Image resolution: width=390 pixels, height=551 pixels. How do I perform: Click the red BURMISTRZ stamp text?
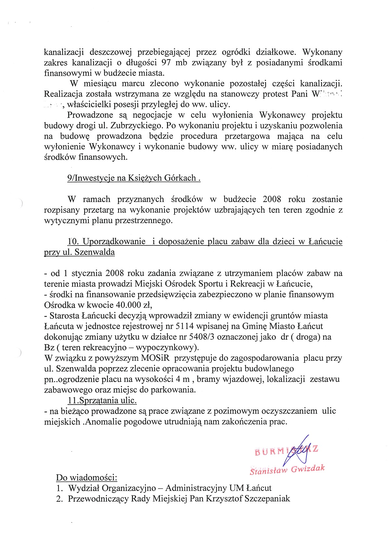point(286,451)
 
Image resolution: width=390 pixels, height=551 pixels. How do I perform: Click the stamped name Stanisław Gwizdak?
point(287,470)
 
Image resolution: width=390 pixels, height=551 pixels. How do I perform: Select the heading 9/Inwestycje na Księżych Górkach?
point(134,178)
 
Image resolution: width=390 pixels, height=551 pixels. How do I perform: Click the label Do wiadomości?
point(86,478)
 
